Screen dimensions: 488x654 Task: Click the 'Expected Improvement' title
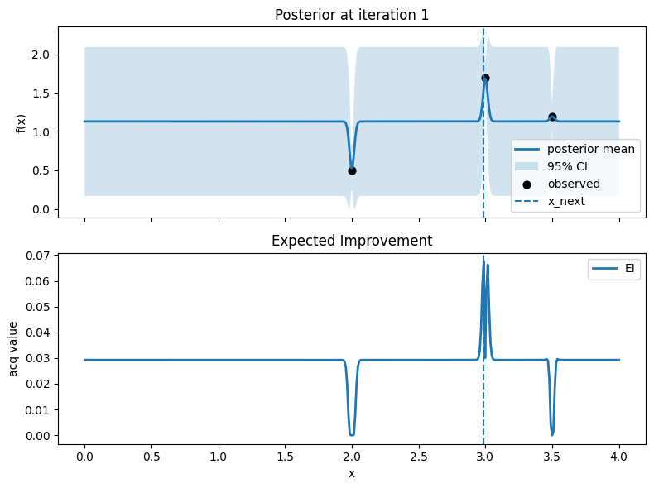click(352, 241)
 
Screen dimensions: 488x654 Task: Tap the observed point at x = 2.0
click(352, 170)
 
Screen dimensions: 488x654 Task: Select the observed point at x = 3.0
click(485, 78)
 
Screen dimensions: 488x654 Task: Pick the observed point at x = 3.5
click(552, 117)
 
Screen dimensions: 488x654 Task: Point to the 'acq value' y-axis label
click(14, 349)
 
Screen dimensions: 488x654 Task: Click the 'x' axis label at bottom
click(352, 473)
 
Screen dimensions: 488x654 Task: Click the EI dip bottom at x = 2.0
click(352, 434)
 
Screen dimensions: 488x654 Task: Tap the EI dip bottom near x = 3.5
click(552, 433)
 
